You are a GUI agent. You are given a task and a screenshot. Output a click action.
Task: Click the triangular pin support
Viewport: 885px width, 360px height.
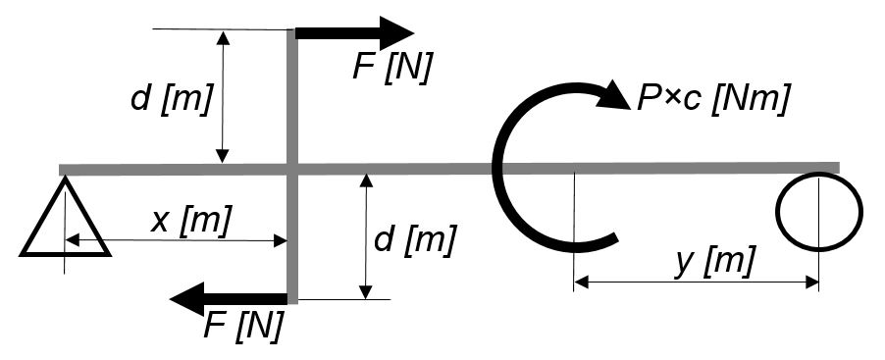pos(65,217)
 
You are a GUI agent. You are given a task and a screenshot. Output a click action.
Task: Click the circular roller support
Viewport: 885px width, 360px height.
pos(819,211)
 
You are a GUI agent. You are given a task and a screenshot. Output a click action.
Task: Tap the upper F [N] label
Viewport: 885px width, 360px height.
pos(392,69)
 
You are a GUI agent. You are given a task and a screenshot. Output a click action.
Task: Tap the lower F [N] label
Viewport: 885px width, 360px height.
pos(242,326)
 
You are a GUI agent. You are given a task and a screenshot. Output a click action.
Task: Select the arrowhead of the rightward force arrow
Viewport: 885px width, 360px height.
pos(396,33)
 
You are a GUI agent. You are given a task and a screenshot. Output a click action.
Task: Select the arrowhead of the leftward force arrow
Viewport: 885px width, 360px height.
pos(186,299)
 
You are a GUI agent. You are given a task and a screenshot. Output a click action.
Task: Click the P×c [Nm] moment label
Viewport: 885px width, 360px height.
pos(711,100)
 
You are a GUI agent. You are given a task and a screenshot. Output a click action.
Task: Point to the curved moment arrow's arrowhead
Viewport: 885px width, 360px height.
pos(613,96)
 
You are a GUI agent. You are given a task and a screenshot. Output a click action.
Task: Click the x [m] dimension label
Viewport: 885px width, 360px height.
pos(190,221)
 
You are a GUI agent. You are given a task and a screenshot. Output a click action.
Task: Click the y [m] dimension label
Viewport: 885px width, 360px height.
pos(715,262)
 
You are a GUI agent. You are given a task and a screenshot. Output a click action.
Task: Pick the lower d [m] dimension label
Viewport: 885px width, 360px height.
pos(414,240)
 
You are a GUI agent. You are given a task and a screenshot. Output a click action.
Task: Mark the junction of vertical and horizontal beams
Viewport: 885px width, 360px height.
pos(292,169)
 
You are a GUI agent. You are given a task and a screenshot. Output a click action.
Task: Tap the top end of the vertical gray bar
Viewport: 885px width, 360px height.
pos(292,29)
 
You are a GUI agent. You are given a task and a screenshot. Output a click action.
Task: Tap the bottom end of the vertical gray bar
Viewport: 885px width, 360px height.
pos(292,302)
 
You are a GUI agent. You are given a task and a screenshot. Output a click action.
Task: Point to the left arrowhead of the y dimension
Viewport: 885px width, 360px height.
pos(581,283)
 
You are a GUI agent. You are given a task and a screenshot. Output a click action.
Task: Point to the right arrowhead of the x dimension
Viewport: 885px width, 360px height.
pos(281,241)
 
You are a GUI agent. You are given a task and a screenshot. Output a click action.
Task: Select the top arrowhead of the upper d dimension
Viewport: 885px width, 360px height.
pos(224,38)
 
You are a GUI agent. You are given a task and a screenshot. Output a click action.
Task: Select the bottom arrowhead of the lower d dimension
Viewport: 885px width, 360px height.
pos(366,291)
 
